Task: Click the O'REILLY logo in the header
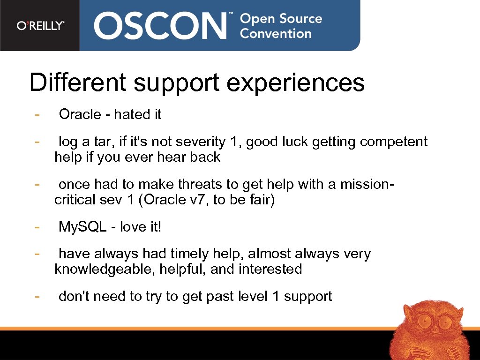(40, 26)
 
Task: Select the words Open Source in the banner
(281, 19)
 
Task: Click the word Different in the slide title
(77, 82)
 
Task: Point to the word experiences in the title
(296, 83)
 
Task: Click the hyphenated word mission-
(360, 184)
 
